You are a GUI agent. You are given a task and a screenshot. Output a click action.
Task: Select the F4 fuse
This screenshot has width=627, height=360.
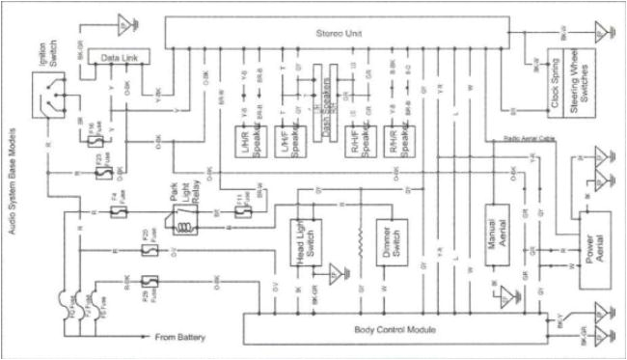pos(115,208)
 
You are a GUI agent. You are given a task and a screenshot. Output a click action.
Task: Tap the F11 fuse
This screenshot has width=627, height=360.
pos(241,208)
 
